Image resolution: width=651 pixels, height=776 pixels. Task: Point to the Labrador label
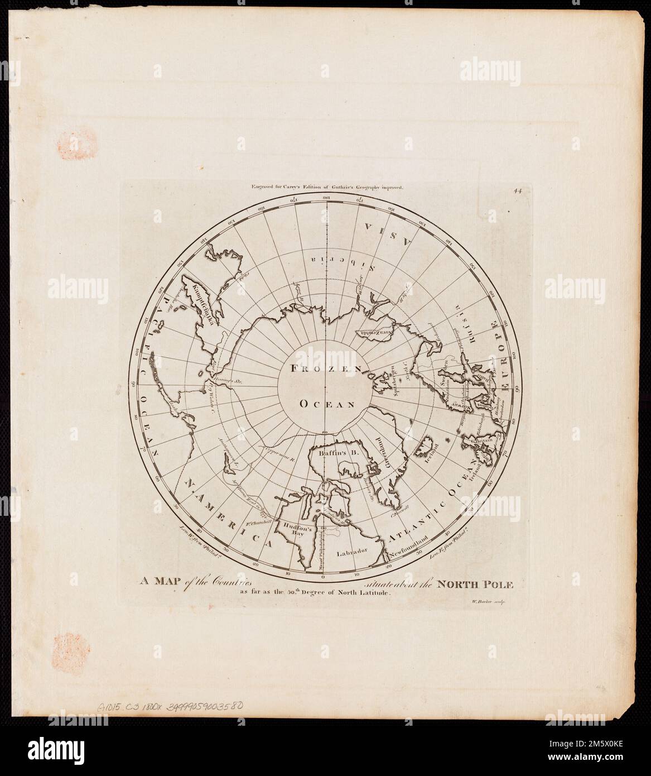[x=353, y=552]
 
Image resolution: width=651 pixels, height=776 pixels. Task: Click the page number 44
[x=518, y=191]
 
